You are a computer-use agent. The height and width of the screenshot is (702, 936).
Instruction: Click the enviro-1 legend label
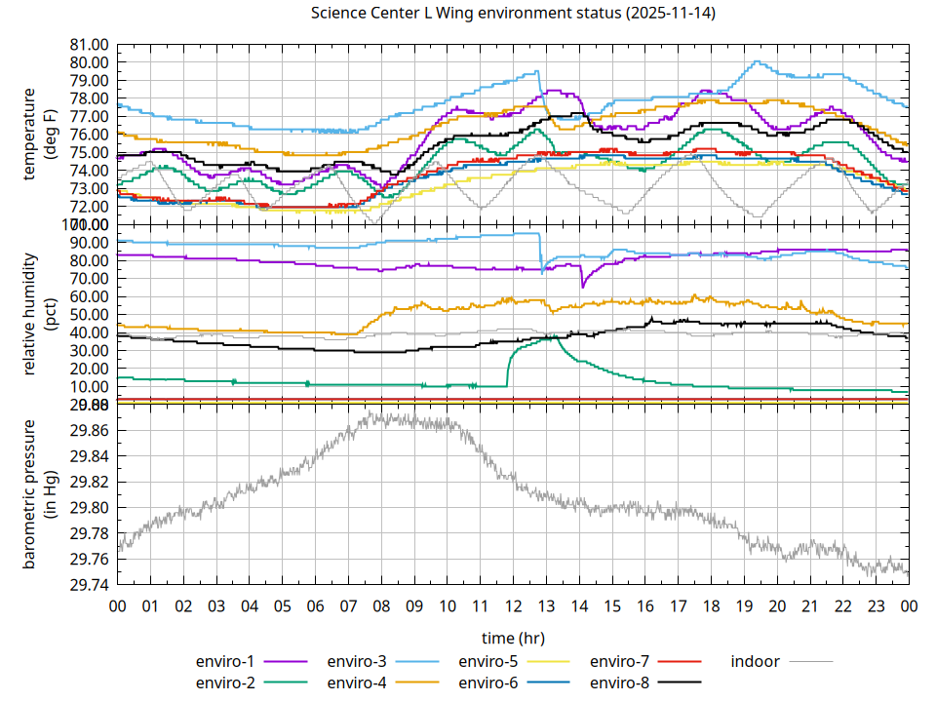pos(225,661)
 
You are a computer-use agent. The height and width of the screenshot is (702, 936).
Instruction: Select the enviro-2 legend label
pos(225,682)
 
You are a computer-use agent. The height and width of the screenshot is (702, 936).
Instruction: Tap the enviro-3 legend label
pos(357,661)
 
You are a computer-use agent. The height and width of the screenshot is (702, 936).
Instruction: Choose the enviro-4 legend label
pos(357,682)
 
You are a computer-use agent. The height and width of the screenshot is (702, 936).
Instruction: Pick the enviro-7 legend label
pos(620,661)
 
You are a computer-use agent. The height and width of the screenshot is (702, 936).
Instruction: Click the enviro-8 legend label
pos(620,682)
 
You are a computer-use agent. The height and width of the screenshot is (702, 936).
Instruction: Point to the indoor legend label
pos(755,661)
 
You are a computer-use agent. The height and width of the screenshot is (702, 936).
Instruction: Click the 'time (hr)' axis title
pos(513,638)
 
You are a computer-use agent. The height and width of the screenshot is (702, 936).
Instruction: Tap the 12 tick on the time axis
pos(513,605)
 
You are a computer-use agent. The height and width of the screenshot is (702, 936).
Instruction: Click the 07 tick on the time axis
pos(348,605)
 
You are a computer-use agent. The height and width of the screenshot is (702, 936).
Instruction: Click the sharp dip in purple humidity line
pos(583,286)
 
